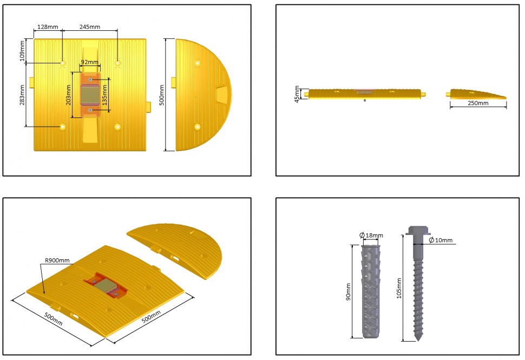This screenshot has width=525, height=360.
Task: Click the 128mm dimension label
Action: click(48, 27)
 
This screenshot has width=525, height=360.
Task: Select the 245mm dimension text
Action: click(90, 27)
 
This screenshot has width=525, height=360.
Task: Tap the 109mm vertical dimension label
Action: click(22, 51)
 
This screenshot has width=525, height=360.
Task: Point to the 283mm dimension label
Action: click(22, 95)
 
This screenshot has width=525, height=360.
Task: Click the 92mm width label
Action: click(90, 62)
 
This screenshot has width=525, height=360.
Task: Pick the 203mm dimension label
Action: click(68, 95)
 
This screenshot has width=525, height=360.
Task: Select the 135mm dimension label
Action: click(104, 95)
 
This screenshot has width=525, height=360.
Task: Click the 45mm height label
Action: click(297, 94)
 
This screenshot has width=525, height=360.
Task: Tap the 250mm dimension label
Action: click(478, 103)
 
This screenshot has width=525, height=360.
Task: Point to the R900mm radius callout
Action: click(57, 260)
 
